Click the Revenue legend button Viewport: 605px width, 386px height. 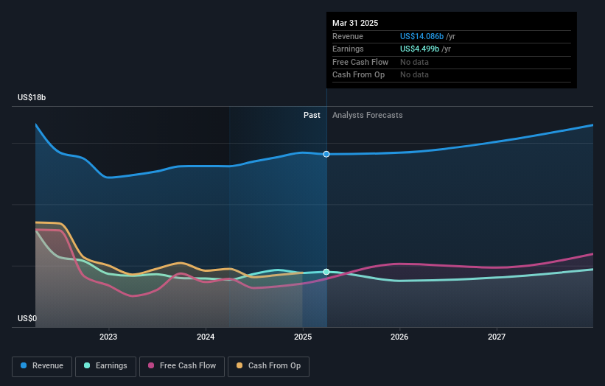click(43, 365)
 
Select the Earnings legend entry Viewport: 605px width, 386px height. click(105, 365)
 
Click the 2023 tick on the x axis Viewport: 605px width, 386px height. click(108, 337)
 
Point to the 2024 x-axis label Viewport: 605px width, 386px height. click(206, 337)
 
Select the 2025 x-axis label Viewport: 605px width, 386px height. click(303, 337)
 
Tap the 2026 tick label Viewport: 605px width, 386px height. click(399, 337)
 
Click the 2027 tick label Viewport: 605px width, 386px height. click(497, 337)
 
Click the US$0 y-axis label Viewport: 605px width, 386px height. click(27, 319)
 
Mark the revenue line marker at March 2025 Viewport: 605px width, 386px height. click(326, 154)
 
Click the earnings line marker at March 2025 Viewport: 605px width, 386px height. click(326, 272)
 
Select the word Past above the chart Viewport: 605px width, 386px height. click(312, 115)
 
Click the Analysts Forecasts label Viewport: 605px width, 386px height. click(367, 115)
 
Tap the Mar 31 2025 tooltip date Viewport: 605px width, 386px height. click(355, 23)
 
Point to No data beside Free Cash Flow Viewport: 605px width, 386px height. click(414, 62)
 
